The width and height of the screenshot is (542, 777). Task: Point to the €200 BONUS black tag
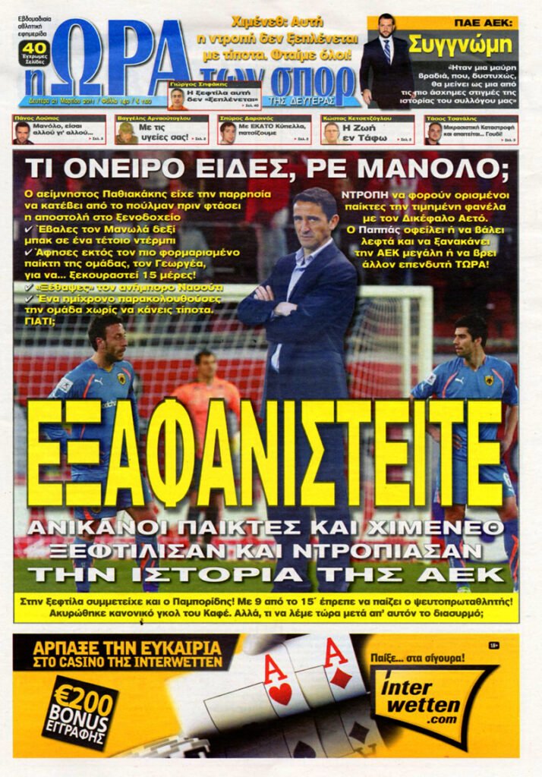pyautogui.click(x=80, y=712)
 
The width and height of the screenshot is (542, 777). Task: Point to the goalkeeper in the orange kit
pyautogui.click(x=206, y=387)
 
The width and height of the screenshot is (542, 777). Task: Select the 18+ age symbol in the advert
pyautogui.click(x=495, y=645)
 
